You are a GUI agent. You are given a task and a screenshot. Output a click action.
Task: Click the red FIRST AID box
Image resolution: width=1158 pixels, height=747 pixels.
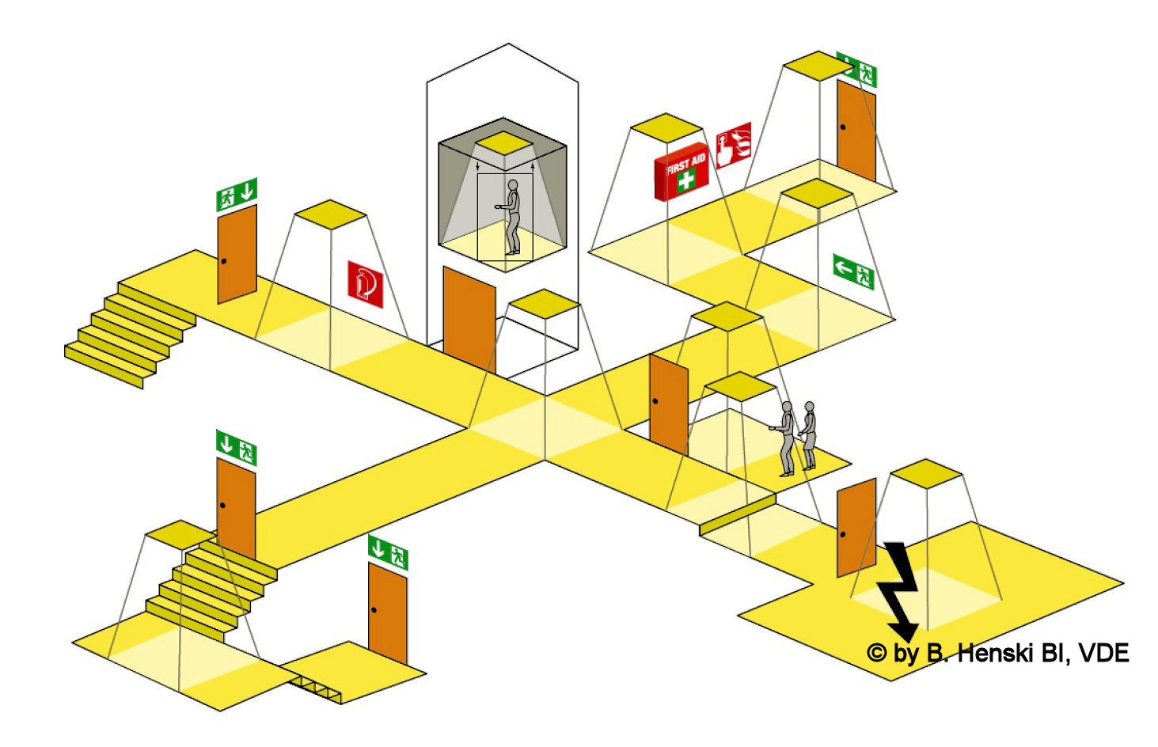(x=681, y=172)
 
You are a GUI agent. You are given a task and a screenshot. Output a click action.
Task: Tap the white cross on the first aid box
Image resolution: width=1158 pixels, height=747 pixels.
(x=685, y=180)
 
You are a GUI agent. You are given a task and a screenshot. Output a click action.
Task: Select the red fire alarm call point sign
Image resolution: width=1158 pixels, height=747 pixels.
(x=733, y=146)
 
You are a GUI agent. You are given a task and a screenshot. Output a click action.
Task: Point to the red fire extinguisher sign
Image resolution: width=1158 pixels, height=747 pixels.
(x=365, y=284)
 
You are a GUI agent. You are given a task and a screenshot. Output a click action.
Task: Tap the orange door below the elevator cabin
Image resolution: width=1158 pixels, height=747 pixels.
(x=469, y=319)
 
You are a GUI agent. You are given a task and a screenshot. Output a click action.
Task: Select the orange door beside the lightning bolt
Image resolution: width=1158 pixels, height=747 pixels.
(x=856, y=527)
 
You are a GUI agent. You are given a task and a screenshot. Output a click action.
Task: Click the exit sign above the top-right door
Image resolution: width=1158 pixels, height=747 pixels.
(x=857, y=70)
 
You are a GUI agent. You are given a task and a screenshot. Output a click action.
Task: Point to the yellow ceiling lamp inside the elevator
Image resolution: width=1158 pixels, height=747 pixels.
(x=503, y=143)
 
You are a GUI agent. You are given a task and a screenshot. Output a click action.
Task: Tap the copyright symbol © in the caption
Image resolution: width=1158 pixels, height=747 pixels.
(x=875, y=654)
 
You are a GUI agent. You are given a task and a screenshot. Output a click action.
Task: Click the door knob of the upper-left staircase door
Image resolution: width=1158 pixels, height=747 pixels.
(x=224, y=261)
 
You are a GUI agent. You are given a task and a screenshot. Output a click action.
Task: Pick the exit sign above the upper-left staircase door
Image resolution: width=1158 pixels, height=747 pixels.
(x=237, y=194)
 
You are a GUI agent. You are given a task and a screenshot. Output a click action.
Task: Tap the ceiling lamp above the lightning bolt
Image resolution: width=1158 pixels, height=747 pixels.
(x=925, y=473)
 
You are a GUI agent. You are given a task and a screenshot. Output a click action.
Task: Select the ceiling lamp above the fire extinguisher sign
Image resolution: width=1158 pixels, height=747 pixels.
(x=330, y=214)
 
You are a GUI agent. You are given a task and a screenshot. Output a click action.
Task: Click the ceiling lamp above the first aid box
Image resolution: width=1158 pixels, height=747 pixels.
(x=666, y=127)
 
